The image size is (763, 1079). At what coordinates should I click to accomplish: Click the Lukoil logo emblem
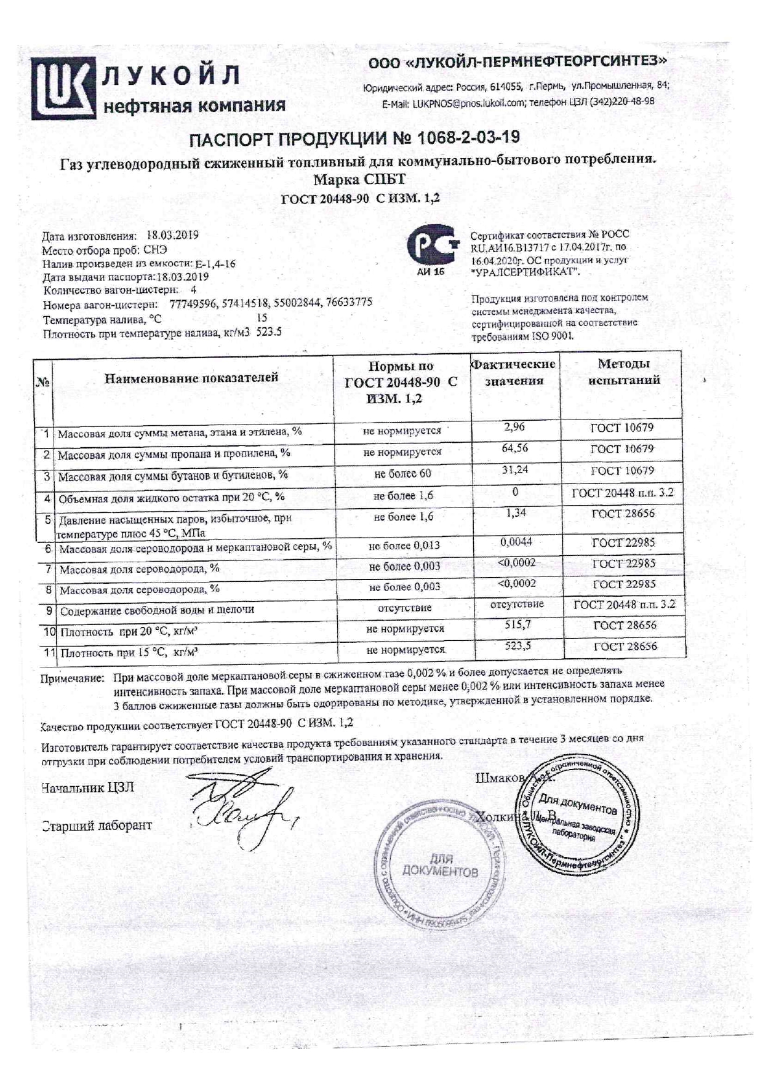click(x=64, y=88)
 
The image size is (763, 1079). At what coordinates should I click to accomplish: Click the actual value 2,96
click(x=514, y=426)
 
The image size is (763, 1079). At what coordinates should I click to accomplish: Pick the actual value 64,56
click(x=514, y=448)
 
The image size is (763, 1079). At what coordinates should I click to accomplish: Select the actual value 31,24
click(x=514, y=470)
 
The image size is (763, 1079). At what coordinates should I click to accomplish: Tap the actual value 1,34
click(x=515, y=512)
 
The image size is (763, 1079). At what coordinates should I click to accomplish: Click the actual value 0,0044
click(x=516, y=542)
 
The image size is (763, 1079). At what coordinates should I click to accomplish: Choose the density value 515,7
click(x=517, y=624)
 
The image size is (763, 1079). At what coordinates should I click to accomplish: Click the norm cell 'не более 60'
click(x=402, y=474)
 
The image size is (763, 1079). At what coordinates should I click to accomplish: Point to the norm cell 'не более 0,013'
click(x=404, y=546)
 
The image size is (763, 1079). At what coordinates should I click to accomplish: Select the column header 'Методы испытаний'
click(x=623, y=372)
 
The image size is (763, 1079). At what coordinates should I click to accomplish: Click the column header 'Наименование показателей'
click(x=191, y=378)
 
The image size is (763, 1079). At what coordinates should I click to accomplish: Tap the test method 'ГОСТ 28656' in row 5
click(x=623, y=514)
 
